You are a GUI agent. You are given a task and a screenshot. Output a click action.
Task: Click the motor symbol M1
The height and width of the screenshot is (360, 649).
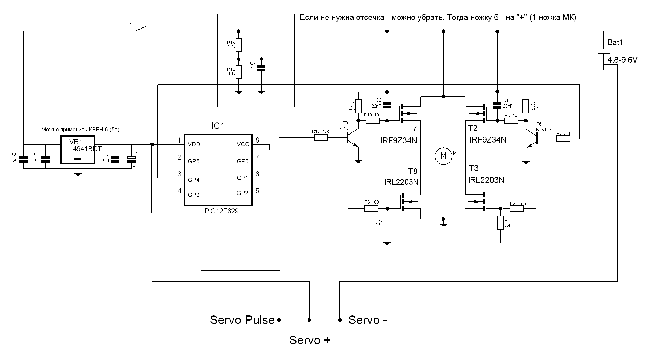pyautogui.click(x=443, y=156)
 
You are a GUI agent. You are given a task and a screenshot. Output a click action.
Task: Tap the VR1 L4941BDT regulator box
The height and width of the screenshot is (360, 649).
pyautogui.click(x=78, y=149)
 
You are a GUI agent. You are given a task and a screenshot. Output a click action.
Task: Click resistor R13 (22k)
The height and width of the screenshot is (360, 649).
pyautogui.click(x=239, y=45)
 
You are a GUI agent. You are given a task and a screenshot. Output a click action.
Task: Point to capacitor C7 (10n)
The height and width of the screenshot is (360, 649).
pyautogui.click(x=261, y=68)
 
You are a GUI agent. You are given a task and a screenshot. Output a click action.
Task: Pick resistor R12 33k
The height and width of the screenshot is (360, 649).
pyautogui.click(x=321, y=138)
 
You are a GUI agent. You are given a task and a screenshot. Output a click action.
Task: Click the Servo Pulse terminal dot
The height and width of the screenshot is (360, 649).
pyautogui.click(x=279, y=320)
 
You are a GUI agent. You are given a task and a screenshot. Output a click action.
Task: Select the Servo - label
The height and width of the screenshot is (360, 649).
pyautogui.click(x=367, y=320)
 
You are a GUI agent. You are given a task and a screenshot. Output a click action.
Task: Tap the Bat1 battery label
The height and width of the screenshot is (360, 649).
pyautogui.click(x=615, y=42)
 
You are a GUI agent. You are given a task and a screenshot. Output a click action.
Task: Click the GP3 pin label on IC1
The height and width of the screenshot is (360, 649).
pyautogui.click(x=193, y=195)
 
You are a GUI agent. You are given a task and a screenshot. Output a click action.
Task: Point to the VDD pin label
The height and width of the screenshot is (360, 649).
pyautogui.click(x=194, y=144)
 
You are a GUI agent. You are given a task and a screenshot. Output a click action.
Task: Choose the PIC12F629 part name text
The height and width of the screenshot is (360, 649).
pyautogui.click(x=221, y=211)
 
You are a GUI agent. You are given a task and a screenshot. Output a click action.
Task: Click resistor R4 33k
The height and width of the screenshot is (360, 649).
pyautogui.click(x=500, y=223)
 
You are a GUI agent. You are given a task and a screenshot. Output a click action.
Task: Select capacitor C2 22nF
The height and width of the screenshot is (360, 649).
pyautogui.click(x=387, y=105)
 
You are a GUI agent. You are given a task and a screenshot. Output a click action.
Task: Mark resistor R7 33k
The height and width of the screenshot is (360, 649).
pyautogui.click(x=563, y=139)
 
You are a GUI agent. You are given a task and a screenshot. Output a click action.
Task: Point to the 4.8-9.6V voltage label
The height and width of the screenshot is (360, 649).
pyautogui.click(x=622, y=60)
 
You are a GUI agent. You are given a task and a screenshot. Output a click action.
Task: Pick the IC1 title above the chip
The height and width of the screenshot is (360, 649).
pyautogui.click(x=218, y=126)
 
